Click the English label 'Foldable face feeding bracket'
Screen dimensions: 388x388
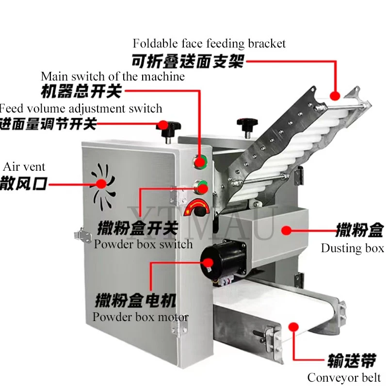click(209, 44)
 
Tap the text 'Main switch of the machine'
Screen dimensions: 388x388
click(113, 76)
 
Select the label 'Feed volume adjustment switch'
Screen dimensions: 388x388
click(81, 108)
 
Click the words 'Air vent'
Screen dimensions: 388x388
click(24, 167)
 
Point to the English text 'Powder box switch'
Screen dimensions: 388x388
click(143, 244)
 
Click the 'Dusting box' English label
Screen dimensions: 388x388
click(352, 248)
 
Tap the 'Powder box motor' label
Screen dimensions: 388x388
click(140, 317)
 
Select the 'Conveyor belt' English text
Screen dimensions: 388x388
click(344, 377)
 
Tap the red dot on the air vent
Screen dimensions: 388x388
click(101, 183)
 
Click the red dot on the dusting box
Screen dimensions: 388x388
click(287, 231)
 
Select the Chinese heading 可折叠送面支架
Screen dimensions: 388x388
click(187, 62)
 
